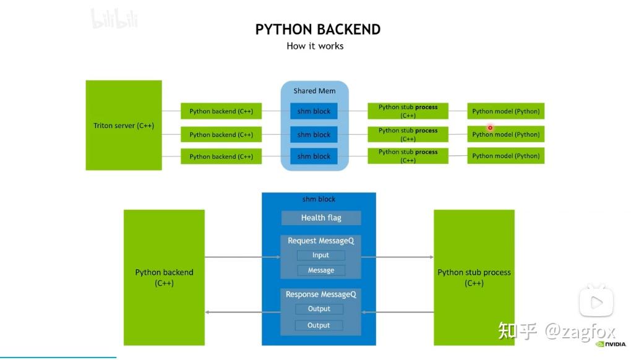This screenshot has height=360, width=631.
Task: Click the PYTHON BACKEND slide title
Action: [x=317, y=30]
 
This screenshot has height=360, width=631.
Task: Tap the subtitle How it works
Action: [x=315, y=46]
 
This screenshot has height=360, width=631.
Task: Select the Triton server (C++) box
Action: [x=124, y=126]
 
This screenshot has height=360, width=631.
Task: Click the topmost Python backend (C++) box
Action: [x=221, y=111]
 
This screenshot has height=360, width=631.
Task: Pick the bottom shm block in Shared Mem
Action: [x=314, y=156]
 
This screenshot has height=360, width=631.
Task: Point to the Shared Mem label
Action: [x=314, y=91]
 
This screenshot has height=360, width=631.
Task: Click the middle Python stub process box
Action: [x=408, y=134]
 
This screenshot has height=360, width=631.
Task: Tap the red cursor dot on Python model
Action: [x=490, y=128]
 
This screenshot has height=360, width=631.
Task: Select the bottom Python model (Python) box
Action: [x=505, y=156]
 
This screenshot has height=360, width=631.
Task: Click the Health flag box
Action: [x=321, y=218]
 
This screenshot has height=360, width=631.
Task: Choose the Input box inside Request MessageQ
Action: [x=320, y=255]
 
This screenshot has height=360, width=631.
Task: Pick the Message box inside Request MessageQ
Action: [x=320, y=270]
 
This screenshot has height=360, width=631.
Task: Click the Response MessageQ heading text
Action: [x=320, y=294]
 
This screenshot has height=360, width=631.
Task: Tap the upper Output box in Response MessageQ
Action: [x=319, y=309]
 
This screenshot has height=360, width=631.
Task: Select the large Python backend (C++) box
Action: [x=164, y=277]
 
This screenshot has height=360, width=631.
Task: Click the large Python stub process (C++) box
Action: [x=474, y=277]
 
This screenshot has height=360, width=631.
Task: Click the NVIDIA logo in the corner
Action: [x=611, y=345]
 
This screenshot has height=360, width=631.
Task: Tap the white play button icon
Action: [x=596, y=302]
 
